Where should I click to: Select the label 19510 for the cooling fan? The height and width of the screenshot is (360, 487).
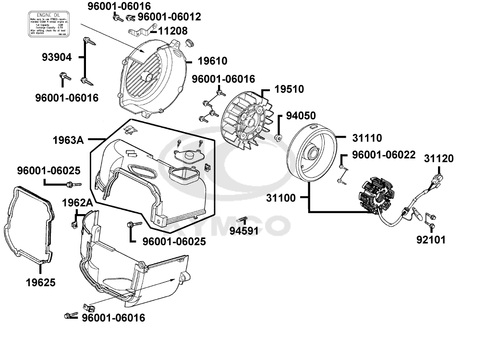click(289, 89)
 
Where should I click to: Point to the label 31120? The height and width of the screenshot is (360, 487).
click(438, 158)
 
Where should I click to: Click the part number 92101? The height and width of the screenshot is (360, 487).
click(431, 239)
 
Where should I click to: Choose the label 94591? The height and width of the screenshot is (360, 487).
click(244, 230)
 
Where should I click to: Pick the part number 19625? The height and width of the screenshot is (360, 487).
click(40, 282)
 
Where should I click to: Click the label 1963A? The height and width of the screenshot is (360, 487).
click(68, 140)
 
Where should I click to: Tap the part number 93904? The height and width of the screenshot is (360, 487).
click(56, 58)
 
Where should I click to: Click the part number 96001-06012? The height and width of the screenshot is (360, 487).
click(170, 17)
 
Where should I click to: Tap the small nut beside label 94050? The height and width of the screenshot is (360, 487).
click(278, 138)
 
